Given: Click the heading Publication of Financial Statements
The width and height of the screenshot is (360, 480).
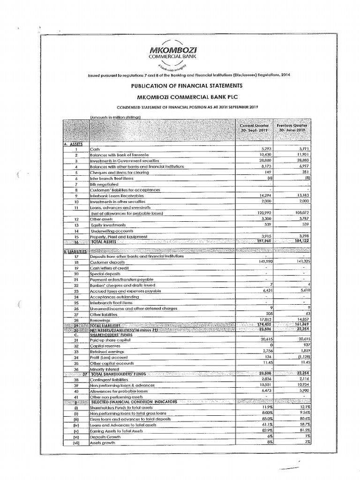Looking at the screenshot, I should tap(180, 86).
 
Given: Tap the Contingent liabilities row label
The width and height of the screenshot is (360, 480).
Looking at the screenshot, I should tap(110, 380).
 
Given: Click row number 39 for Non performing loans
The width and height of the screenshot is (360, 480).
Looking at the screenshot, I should tap(75, 385).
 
